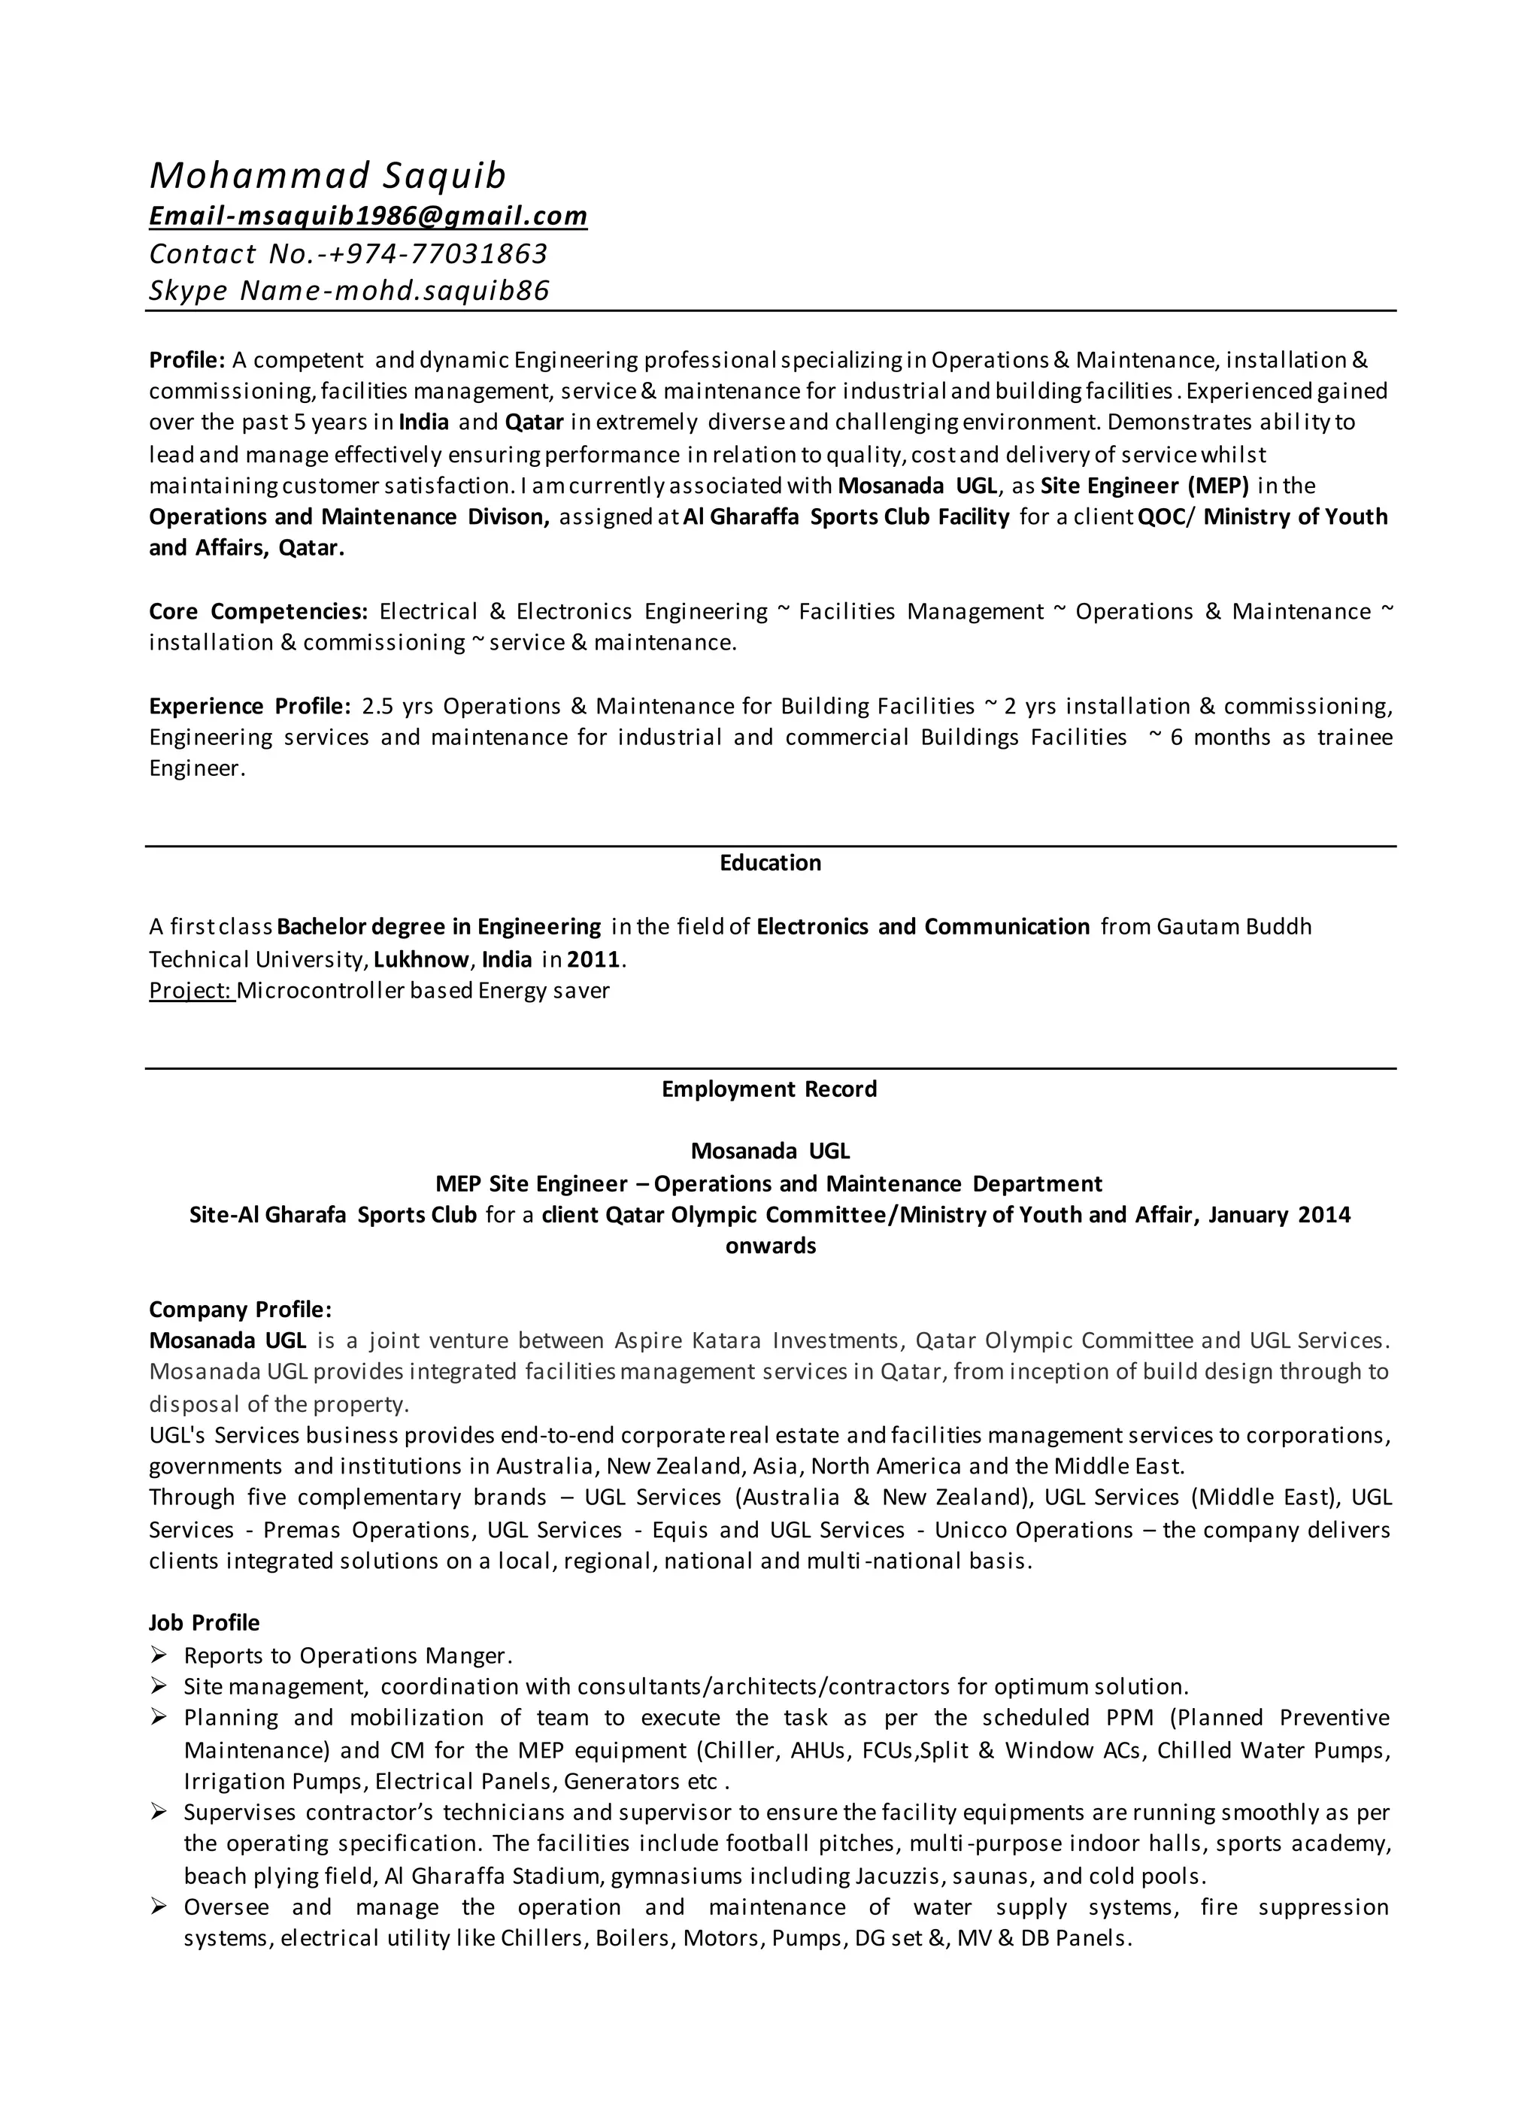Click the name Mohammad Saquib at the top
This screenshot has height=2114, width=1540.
(327, 176)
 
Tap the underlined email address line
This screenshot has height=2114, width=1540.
(368, 217)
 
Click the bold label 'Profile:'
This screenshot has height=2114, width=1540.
(186, 360)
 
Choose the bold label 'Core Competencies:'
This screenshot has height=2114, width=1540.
(258, 611)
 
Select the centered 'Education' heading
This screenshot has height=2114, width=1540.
(770, 862)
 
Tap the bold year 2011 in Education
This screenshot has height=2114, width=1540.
(594, 959)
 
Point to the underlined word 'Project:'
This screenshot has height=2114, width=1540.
(191, 990)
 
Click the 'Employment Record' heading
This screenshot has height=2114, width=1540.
(769, 1089)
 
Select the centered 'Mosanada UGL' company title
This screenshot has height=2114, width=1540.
(770, 1151)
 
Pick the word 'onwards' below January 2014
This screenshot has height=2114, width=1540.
(770, 1246)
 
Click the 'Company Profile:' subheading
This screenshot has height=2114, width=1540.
(240, 1310)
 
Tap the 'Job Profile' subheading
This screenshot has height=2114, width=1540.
(204, 1623)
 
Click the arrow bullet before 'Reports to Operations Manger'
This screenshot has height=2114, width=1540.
(159, 1655)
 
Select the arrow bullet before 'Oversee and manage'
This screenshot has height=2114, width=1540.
(159, 1907)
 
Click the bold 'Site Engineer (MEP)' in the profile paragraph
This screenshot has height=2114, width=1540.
(1144, 486)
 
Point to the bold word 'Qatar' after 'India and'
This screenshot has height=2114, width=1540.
(534, 422)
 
